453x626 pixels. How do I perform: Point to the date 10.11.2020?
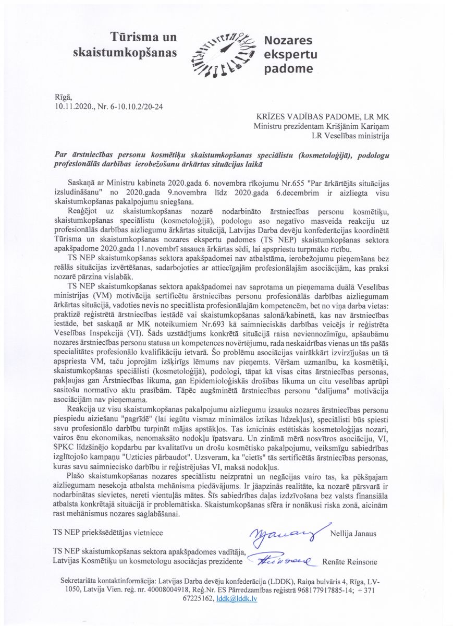[x=76, y=106]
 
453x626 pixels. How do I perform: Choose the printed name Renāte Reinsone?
[x=349, y=562]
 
